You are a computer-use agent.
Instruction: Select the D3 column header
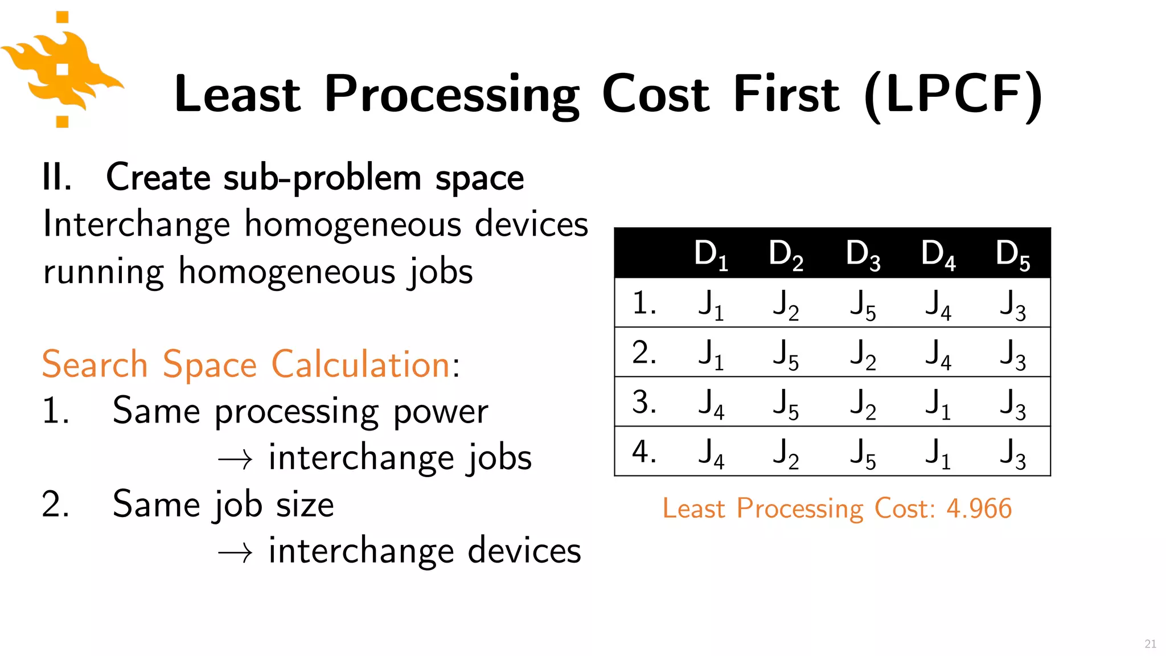click(x=863, y=254)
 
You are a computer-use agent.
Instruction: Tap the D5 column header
click(x=1012, y=254)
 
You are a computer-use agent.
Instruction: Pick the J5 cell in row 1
click(x=863, y=304)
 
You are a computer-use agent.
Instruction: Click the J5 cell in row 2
click(x=786, y=354)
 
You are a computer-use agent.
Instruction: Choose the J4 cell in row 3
click(x=711, y=403)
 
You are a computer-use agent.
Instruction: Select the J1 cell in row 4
click(x=938, y=453)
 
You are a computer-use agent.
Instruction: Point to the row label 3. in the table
click(x=644, y=402)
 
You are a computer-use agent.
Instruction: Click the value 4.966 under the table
click(x=979, y=508)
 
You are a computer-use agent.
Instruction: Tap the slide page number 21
click(x=1150, y=643)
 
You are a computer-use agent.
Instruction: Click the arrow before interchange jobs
click(x=235, y=459)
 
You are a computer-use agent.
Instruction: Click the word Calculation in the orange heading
click(x=361, y=364)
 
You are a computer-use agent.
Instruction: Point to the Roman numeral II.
click(x=56, y=177)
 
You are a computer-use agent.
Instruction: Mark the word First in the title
click(x=786, y=95)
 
